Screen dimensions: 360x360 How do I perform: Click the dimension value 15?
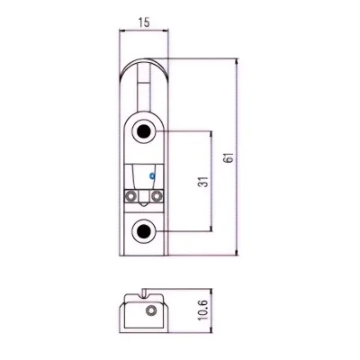click(x=144, y=22)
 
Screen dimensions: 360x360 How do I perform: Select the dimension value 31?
click(x=203, y=182)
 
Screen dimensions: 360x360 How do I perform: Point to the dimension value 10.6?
click(x=203, y=311)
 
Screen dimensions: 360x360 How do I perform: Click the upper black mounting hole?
click(x=144, y=131)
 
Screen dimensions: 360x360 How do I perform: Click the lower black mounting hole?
click(x=144, y=231)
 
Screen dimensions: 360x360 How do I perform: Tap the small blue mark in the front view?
click(x=152, y=175)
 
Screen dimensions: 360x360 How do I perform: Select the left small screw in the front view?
click(x=130, y=196)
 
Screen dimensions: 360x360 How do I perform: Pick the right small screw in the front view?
click(x=157, y=196)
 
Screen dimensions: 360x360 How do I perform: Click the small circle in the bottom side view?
click(x=150, y=310)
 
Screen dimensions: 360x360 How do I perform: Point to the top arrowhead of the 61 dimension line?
click(x=237, y=61)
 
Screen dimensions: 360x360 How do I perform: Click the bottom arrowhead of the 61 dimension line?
click(x=237, y=252)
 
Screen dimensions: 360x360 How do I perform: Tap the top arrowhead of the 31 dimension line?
click(x=211, y=134)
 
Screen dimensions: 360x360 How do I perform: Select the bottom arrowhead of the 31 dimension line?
click(x=211, y=228)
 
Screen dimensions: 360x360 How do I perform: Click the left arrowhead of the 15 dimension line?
click(x=122, y=30)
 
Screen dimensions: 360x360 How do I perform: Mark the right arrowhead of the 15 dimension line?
click(x=166, y=30)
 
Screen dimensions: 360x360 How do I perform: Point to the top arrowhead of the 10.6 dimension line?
click(x=211, y=292)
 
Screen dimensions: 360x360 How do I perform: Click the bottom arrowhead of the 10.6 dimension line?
click(x=211, y=329)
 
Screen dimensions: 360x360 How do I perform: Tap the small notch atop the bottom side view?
click(x=144, y=293)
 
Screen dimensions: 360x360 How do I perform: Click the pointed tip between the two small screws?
click(x=144, y=205)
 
